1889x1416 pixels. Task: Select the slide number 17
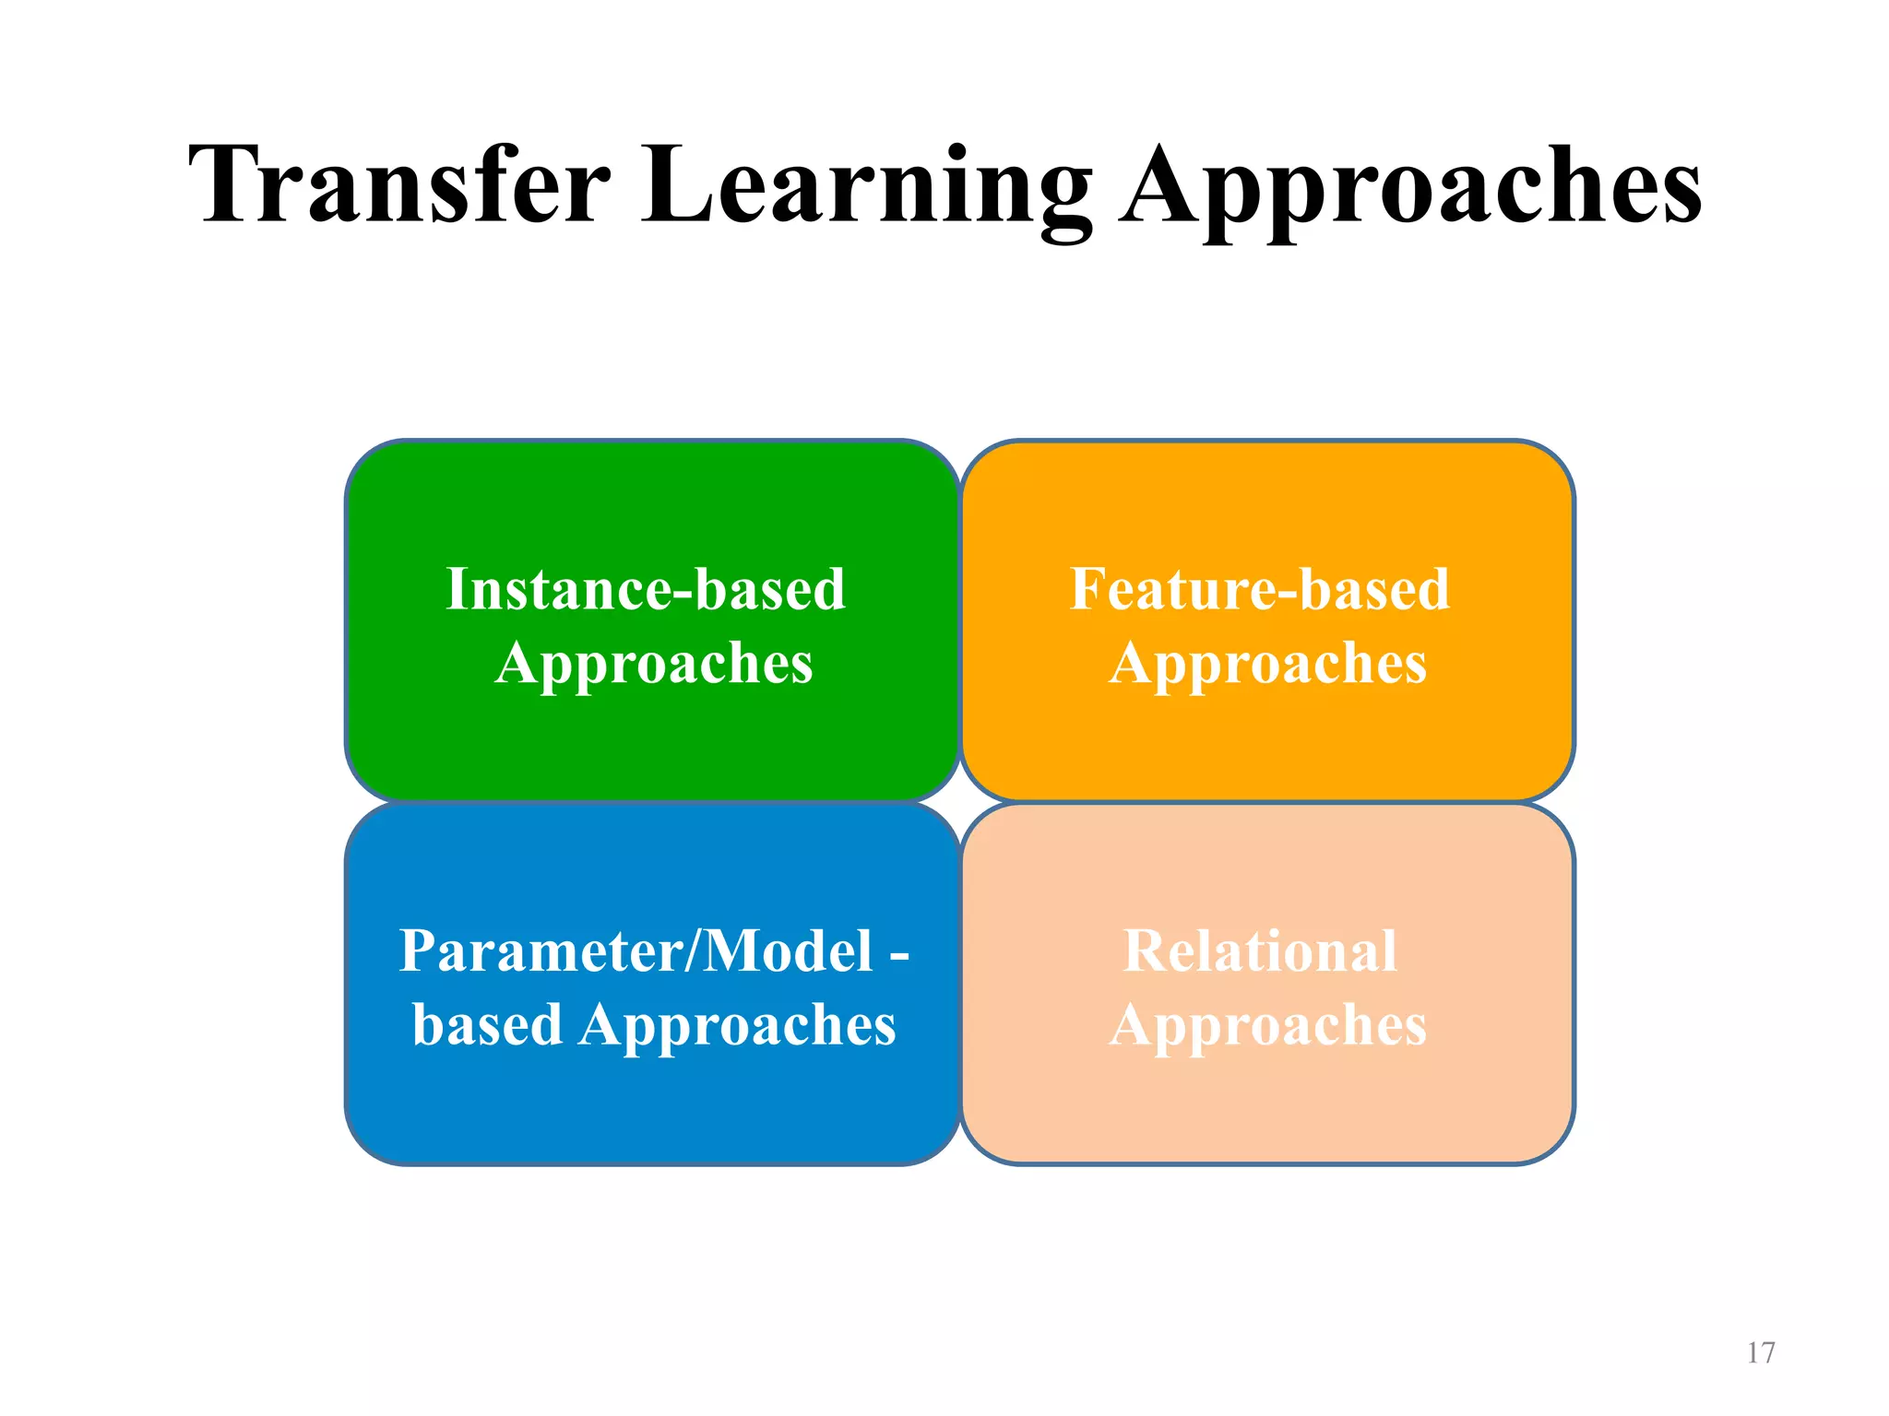pyautogui.click(x=1760, y=1352)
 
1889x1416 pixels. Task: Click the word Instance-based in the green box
pyautogui.click(x=645, y=589)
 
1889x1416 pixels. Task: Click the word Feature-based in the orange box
pyautogui.click(x=1260, y=589)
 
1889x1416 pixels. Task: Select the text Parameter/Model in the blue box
pyautogui.click(x=636, y=950)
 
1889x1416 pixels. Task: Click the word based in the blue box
pyautogui.click(x=487, y=1024)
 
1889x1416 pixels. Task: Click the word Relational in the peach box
pyautogui.click(x=1260, y=950)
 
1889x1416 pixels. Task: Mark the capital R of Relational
pyautogui.click(x=1146, y=950)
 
